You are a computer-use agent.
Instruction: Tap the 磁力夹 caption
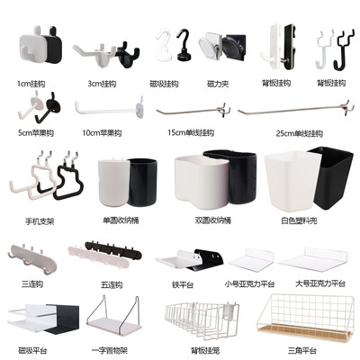[x=220, y=84]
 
